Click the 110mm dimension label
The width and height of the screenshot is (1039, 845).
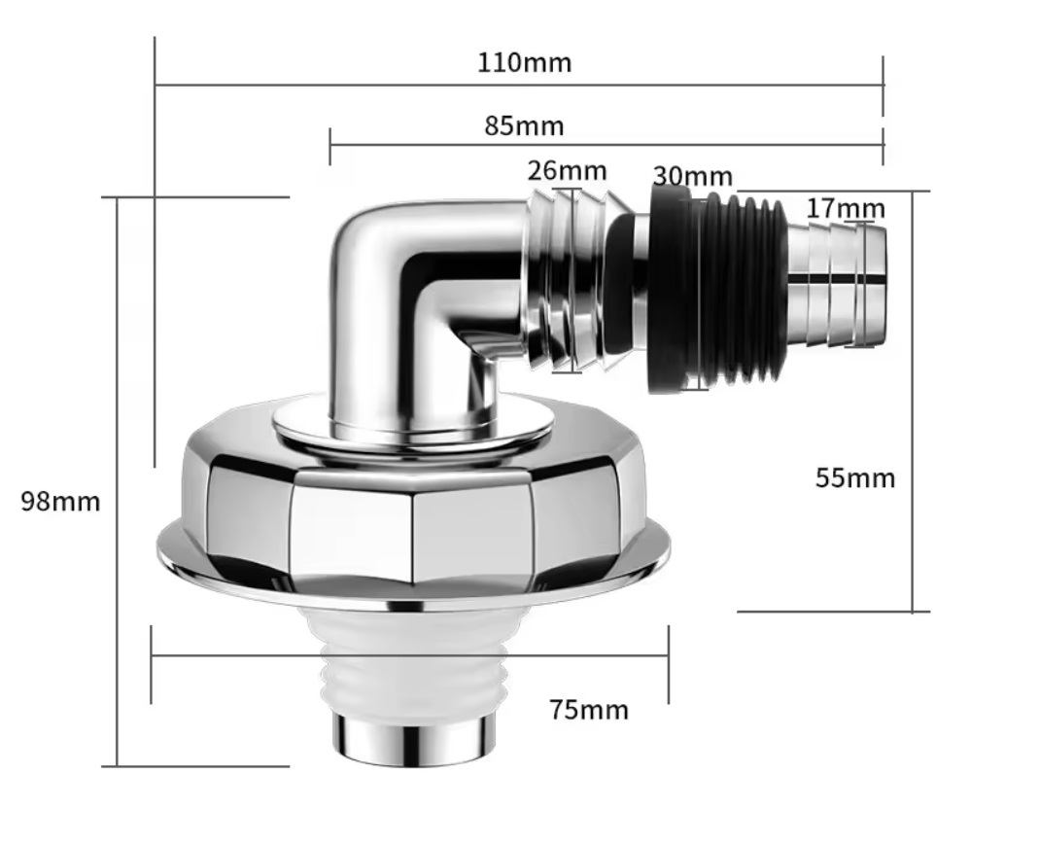tap(524, 63)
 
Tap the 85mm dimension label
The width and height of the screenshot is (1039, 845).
tap(524, 125)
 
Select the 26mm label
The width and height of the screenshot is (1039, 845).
tap(568, 171)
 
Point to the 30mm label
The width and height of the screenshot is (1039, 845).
tap(693, 176)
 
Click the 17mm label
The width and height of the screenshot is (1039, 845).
tap(846, 209)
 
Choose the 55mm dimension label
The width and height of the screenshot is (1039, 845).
tap(854, 477)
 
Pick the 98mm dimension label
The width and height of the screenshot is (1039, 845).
tap(60, 502)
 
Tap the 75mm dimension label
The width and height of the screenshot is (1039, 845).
tap(589, 710)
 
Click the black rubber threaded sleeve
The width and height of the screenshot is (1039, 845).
tap(715, 288)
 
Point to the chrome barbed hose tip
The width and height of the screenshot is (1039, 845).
tap(837, 286)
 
